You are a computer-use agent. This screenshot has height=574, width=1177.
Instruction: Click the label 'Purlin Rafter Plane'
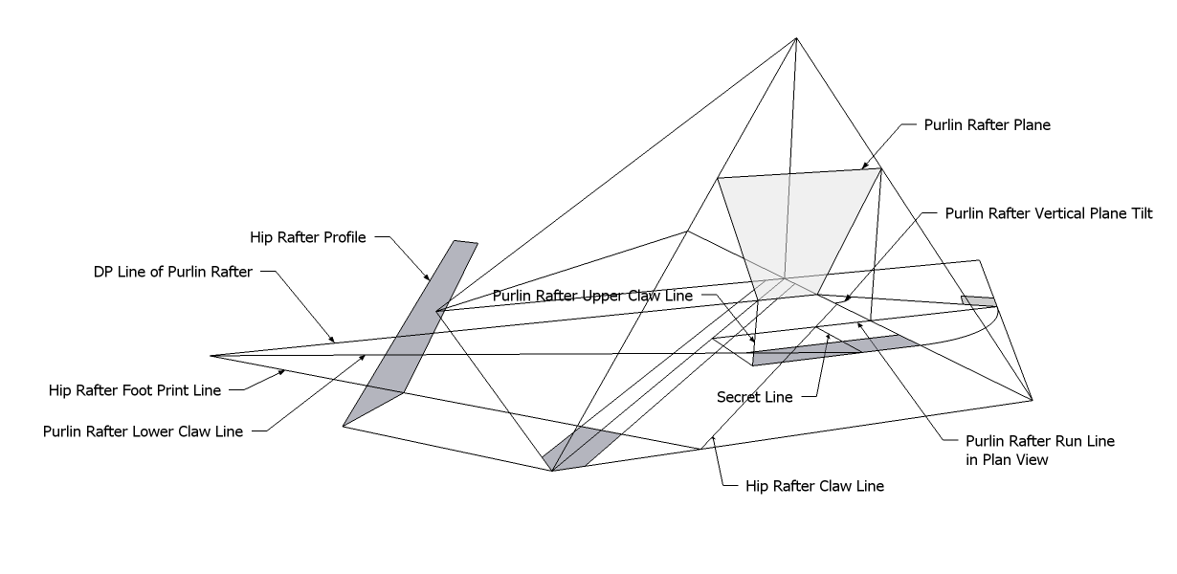pos(987,125)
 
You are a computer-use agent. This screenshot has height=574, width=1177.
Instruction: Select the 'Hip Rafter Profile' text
pos(308,237)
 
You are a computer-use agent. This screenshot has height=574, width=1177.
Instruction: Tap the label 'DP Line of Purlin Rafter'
pos(173,272)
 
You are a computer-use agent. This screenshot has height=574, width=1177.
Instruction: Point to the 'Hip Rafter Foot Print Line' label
pos(135,390)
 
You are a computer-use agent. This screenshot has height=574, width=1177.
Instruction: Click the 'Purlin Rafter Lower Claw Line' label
pos(143,430)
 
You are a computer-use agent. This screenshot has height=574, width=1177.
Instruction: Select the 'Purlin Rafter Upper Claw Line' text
pos(592,296)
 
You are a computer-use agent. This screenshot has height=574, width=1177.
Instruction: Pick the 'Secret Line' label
pos(755,397)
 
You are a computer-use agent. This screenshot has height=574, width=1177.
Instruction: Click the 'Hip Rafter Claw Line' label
pos(814,486)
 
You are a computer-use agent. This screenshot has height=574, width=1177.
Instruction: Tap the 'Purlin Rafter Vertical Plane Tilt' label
pos(1049,213)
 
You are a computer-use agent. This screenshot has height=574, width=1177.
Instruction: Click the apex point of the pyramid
pos(795,38)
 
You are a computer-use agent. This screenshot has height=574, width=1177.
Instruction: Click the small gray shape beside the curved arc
pos(978,302)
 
